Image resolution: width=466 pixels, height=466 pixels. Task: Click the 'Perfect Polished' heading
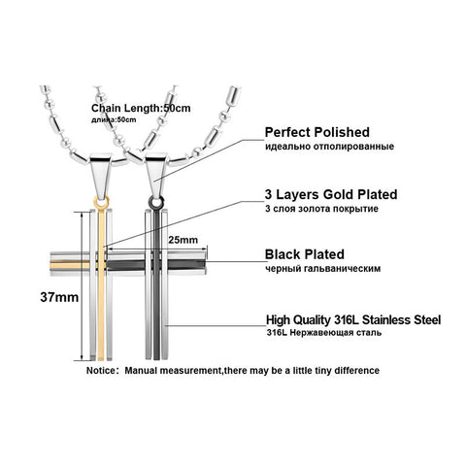point(317,132)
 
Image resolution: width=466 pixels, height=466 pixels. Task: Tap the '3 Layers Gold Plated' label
point(331,194)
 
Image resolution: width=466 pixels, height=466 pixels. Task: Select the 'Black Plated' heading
point(305,254)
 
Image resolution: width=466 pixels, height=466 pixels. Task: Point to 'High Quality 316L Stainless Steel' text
point(353,320)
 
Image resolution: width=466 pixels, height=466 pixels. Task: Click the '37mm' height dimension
point(59,297)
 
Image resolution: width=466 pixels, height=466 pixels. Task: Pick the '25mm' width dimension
point(183,240)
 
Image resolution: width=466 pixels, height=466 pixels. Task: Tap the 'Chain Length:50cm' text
point(141,108)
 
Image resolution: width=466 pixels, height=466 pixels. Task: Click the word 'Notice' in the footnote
point(101,370)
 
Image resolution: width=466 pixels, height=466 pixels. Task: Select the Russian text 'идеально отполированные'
point(329,147)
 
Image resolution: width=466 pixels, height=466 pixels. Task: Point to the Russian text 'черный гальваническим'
point(322,268)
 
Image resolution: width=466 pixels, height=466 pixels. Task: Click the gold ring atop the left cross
point(102,203)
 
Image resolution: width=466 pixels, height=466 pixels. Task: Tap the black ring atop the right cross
point(156,203)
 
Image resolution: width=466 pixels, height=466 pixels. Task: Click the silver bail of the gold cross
point(101,176)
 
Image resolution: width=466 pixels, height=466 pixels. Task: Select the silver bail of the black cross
point(156,176)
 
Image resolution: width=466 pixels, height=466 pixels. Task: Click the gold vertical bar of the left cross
point(101,284)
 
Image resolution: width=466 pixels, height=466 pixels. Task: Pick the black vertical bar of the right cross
point(156,284)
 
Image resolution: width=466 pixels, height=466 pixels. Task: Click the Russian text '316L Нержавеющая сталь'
point(324,333)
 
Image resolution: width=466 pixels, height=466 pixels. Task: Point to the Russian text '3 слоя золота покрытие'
point(321,209)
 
